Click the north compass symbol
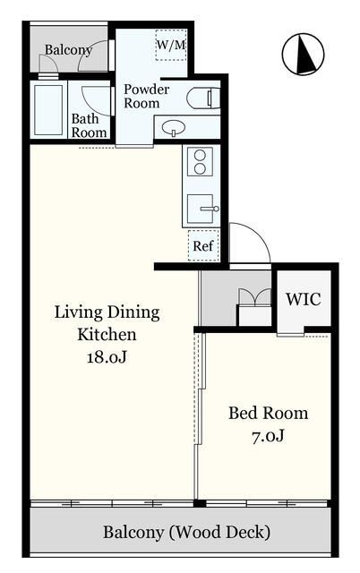pos(303,54)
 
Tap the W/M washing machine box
pos(171,45)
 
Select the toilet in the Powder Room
pos(203,98)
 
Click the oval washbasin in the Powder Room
pos(174,128)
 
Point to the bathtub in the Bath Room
pos(48,109)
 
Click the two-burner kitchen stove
pos(200,162)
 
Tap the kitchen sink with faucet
pos(202,209)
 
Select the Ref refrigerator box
pos(203,245)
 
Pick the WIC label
pos(304,299)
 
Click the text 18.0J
pos(107,357)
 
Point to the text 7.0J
pos(269,436)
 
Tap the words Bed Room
pos(269,414)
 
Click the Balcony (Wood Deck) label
pos(187,532)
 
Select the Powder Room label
pos(147,96)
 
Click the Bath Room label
pos(89,125)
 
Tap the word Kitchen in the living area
pos(107,334)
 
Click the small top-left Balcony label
pos(68,50)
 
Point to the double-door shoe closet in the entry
pos(254,307)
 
